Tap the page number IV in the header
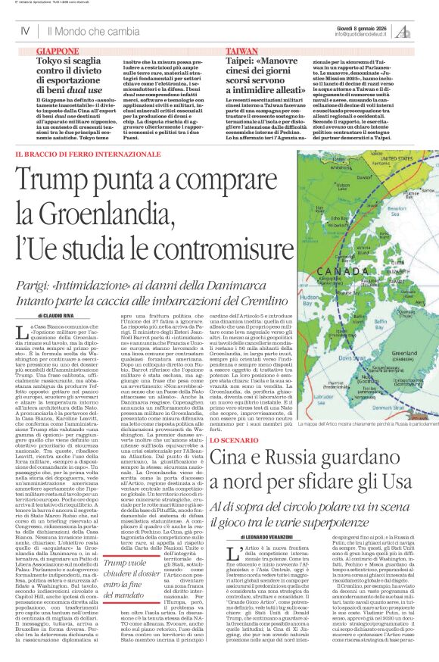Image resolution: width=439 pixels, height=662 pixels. tap(25, 31)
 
